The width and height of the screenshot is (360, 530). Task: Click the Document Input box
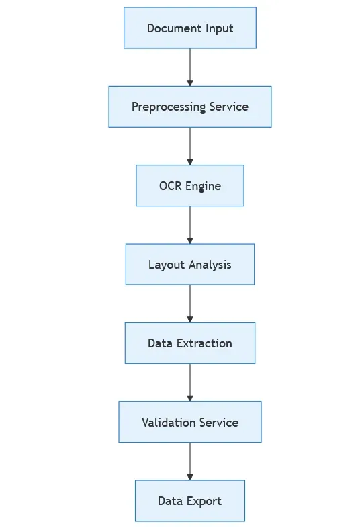click(190, 28)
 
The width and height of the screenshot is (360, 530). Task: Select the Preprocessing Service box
click(190, 107)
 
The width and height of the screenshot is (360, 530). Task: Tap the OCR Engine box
click(190, 186)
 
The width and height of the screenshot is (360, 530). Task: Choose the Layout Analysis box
click(190, 265)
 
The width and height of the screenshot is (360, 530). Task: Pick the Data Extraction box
click(190, 343)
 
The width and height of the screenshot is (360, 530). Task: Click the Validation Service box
click(190, 423)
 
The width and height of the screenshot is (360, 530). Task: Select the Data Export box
click(190, 501)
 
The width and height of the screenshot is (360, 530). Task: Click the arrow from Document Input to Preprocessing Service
click(190, 67)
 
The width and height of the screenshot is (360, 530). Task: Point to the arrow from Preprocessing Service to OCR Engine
click(190, 146)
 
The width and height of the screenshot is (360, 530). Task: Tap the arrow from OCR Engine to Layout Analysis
click(190, 224)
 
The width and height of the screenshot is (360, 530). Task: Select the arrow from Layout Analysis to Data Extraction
click(190, 304)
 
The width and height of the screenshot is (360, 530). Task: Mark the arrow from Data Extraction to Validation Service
click(190, 382)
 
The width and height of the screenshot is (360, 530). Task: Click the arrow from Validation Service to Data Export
click(190, 461)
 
